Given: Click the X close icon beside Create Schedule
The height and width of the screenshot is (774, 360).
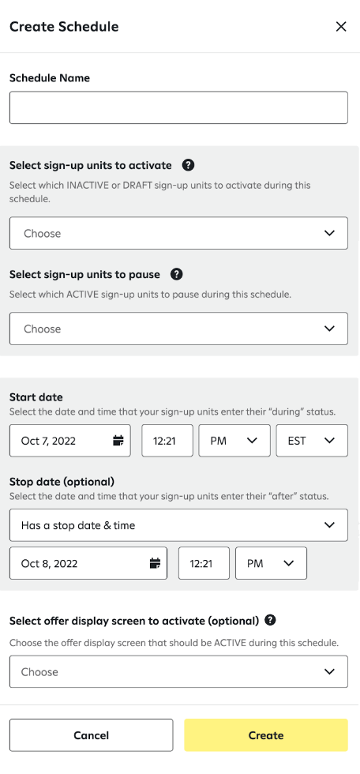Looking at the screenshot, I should click(341, 27).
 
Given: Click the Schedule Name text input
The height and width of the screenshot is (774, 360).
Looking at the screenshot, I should click(178, 107).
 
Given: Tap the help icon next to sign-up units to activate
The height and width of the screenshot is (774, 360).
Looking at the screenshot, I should click(188, 165).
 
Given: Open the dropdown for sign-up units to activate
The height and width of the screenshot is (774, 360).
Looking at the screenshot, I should click(178, 233).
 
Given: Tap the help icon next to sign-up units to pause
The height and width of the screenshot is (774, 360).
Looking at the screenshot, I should click(177, 274).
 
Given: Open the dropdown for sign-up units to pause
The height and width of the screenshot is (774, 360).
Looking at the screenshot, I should click(178, 329).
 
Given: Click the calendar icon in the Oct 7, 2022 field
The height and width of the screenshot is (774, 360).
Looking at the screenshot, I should click(118, 441).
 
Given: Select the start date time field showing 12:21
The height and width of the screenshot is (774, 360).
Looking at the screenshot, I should click(167, 441).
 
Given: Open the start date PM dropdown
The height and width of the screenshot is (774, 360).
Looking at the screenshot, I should click(234, 441).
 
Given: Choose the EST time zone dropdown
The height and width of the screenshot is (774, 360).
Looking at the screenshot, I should click(312, 441).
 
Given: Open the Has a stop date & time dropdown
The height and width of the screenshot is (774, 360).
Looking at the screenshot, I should click(178, 525).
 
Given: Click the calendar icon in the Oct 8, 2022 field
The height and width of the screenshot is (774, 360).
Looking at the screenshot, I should click(155, 563).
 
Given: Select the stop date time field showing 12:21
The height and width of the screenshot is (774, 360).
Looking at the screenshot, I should click(204, 563).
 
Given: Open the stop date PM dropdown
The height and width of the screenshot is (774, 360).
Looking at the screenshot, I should click(271, 563).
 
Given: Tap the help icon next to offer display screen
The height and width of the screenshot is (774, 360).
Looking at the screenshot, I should click(271, 620).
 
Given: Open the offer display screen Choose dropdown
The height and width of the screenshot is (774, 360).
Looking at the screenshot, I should click(178, 672).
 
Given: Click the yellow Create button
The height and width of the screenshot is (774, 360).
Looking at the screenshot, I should click(266, 735).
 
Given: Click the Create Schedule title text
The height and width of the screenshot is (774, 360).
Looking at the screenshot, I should click(64, 27).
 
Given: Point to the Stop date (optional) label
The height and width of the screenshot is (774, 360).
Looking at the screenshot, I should click(62, 482).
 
